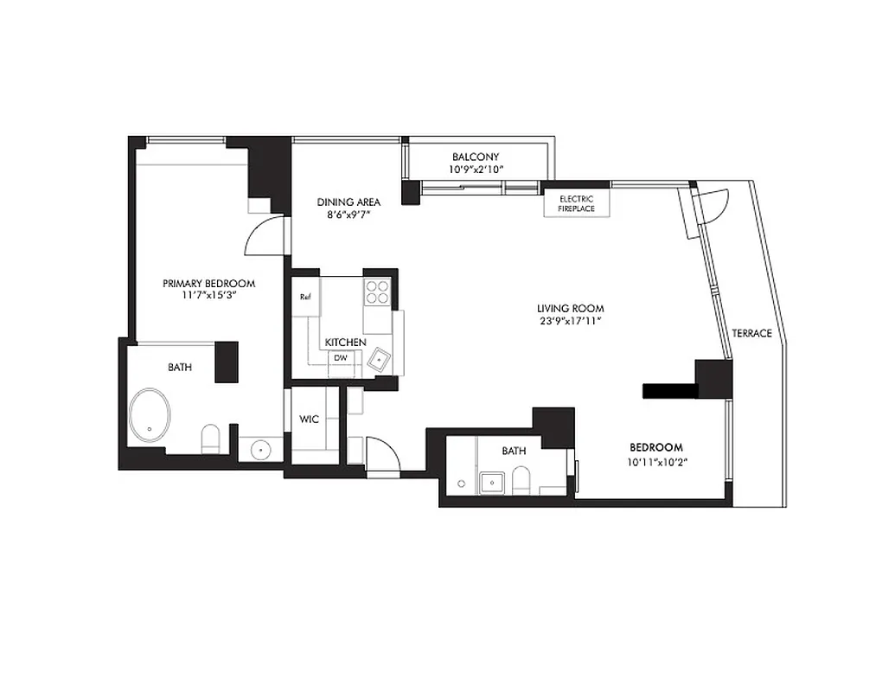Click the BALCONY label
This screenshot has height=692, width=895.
click(x=475, y=157)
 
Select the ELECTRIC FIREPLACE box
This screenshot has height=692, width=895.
click(x=576, y=203)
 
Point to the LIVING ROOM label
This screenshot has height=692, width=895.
click(x=570, y=308)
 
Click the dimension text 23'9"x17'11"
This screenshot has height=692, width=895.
click(x=570, y=321)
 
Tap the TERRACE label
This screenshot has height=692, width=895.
click(x=751, y=333)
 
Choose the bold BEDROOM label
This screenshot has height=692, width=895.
click(x=655, y=447)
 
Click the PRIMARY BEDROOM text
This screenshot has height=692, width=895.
click(x=208, y=283)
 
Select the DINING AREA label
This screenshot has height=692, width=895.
click(x=348, y=202)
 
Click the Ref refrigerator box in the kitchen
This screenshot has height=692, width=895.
click(x=305, y=298)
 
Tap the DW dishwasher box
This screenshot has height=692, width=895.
click(x=341, y=357)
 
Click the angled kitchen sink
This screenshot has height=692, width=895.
click(x=380, y=357)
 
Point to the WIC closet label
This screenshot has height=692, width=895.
click(x=309, y=420)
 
